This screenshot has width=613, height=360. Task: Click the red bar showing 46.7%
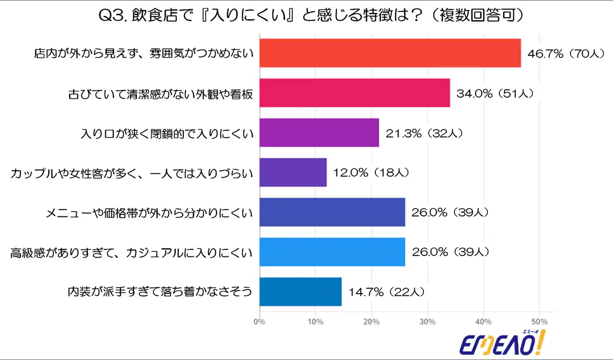click(390, 53)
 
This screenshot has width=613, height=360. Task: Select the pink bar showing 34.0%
click(354, 93)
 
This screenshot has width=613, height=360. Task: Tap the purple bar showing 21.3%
click(319, 133)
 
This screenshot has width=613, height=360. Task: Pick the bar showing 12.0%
click(293, 172)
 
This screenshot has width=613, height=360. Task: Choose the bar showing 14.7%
click(300, 292)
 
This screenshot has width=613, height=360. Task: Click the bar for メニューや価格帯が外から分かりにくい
click(332, 212)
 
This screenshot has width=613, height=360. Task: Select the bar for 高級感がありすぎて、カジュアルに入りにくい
click(332, 252)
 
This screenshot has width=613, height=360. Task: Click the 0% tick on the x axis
click(259, 321)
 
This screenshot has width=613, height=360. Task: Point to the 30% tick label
click(427, 321)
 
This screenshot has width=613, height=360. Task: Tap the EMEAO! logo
click(502, 342)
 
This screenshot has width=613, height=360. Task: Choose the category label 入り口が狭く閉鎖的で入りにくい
click(167, 133)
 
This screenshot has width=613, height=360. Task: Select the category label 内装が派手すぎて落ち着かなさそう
click(160, 292)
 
